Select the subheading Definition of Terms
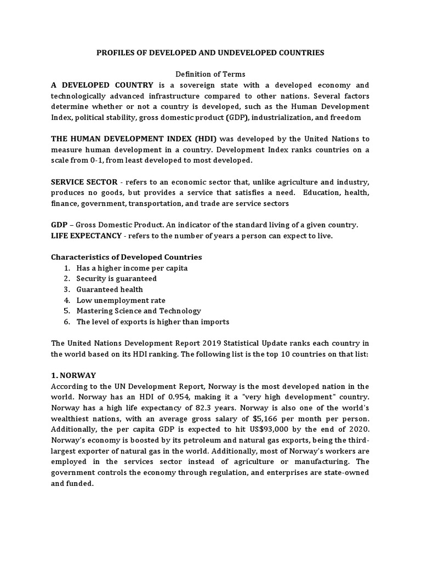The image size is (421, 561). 210,74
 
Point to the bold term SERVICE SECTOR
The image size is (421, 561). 81,181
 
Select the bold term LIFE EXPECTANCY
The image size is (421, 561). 87,235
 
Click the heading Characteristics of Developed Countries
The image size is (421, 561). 126,257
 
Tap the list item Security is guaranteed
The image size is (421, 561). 116,278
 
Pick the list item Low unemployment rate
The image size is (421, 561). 121,300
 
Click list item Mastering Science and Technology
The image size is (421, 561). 139,311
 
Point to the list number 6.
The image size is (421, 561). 67,322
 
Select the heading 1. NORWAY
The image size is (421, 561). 73,375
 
